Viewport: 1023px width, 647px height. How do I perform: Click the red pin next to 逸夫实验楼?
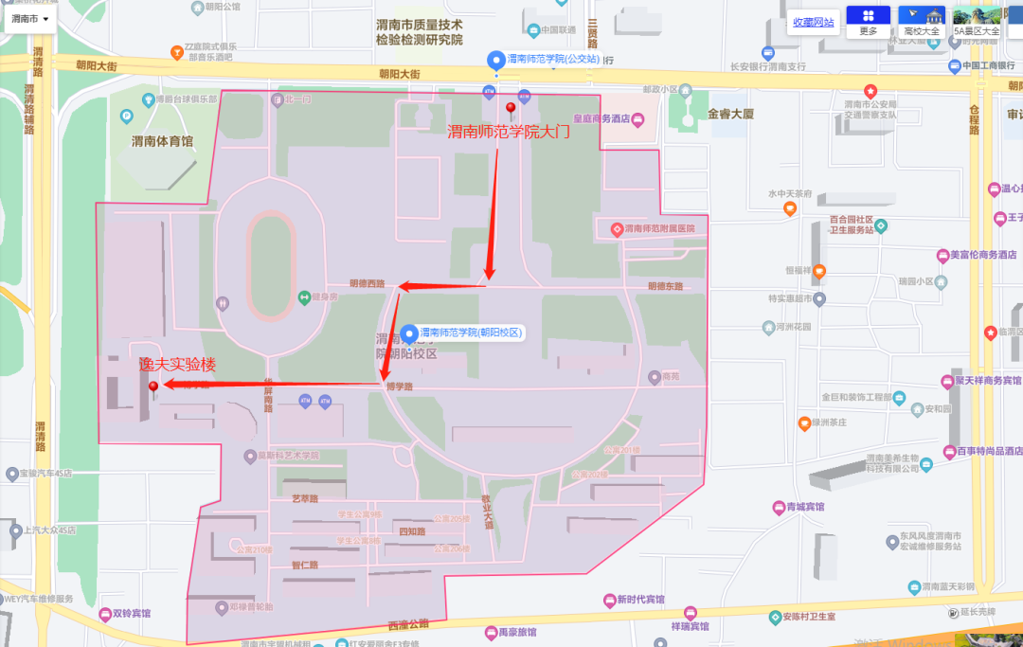coord(153,386)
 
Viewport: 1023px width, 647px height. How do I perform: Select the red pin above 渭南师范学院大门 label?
coord(511,108)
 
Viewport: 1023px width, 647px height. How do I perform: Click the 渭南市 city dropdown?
coord(30,18)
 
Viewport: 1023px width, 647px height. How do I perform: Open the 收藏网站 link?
coord(814,23)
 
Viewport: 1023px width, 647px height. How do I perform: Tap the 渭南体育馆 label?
coord(162,141)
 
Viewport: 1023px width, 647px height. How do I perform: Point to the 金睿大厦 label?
coord(730,114)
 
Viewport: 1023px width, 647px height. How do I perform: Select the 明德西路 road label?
coord(368,283)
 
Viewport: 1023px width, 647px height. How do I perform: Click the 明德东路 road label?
coord(665,285)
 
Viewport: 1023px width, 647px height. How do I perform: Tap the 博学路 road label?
coord(399,386)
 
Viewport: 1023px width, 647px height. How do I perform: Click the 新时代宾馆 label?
coord(640,600)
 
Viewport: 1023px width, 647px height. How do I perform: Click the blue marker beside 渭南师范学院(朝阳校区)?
coord(409,333)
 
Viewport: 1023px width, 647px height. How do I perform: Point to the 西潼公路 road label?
coord(408,624)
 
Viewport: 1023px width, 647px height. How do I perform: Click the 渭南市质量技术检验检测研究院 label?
coord(419,32)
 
